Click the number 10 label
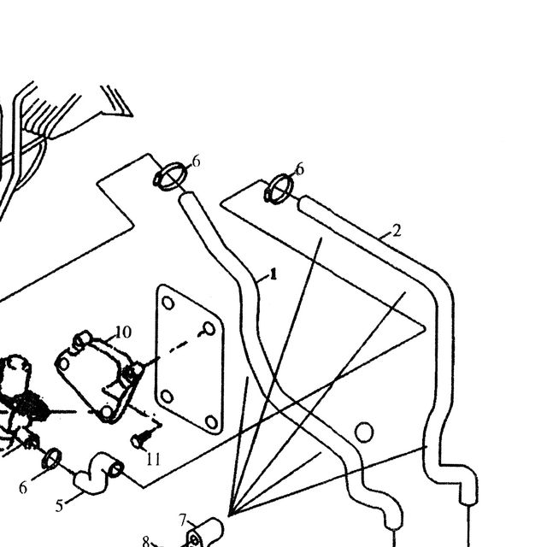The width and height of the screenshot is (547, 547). pos(123,332)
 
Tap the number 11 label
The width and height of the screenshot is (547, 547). pos(153,459)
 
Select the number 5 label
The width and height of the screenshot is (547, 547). pos(59,505)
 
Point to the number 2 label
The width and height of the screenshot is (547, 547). pos(397,231)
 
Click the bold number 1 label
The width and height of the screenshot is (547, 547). pos(273,274)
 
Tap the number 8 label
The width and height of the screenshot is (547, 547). pos(146,541)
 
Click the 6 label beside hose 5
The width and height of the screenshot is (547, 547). pos(23,488)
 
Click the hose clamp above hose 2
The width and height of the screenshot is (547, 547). pos(279,189)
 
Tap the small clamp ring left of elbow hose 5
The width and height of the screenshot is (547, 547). pos(51,459)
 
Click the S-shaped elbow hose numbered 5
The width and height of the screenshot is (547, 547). pos(97,473)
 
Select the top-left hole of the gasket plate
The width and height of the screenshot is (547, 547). pos(168,303)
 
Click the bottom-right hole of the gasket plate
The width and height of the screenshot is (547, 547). pos(211,422)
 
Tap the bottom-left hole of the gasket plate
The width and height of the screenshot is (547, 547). pos(167,397)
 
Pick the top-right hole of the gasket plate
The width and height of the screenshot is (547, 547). pos(209,328)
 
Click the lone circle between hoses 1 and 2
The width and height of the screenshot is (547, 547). pos(364,432)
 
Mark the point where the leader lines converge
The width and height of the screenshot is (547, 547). pos(229,515)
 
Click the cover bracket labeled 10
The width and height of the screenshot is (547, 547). pos(99,377)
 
